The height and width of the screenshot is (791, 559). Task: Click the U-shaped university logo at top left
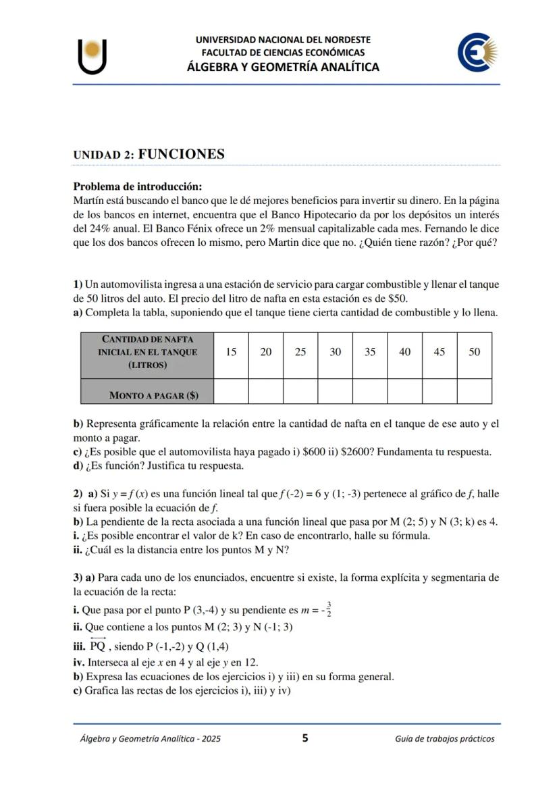pos(92,57)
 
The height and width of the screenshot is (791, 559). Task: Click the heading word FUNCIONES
pos(181,154)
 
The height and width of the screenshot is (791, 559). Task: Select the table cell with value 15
pos(231,353)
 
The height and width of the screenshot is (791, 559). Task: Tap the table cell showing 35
pos(369,353)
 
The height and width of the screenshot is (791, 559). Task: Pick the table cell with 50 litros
pos(474,353)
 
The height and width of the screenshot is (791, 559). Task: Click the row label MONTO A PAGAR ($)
pos(153,395)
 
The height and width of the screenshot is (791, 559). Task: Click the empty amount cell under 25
pos(300,392)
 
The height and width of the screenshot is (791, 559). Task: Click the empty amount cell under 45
pos(439,392)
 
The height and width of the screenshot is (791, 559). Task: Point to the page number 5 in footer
pos(305,738)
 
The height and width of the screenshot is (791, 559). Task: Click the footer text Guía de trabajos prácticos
pos(444,739)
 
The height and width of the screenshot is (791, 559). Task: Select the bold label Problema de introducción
pos(138,186)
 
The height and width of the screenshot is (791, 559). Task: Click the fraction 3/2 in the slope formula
pos(328,609)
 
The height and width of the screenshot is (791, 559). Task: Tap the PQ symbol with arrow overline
pos(98,645)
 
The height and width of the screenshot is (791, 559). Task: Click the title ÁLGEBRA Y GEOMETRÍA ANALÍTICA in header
pos(283,67)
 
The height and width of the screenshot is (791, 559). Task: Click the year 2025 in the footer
pos(210,739)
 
